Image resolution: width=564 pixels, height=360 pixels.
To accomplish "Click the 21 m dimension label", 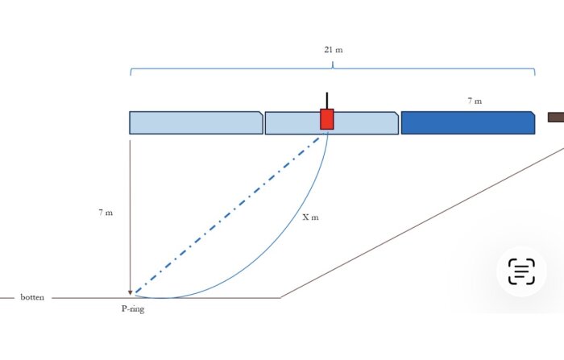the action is pos(333,50).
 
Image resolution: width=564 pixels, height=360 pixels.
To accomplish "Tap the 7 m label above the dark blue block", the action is pos(475,101).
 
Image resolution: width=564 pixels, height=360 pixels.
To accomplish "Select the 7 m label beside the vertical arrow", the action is pos(106,213).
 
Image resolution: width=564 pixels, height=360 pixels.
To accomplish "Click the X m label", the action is pos(310,217).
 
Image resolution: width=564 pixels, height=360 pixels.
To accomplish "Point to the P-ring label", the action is pos(133,309).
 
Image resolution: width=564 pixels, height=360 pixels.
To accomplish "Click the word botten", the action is pos(32,297).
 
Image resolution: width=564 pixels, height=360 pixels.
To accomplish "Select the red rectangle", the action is pos(327,119).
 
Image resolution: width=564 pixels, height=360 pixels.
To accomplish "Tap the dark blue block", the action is pos(468,122).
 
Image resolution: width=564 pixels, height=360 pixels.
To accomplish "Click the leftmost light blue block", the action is pos(196,122).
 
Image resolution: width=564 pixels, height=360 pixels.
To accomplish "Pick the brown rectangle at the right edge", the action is pos(556,118).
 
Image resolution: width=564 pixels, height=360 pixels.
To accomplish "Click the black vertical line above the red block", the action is pos(327,101).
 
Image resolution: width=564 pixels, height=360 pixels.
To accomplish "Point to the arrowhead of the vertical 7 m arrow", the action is pos(131,292).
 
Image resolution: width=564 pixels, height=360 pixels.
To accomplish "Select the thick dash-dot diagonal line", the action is pos(228,215).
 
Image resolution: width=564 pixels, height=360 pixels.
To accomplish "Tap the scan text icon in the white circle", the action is pos(521,271).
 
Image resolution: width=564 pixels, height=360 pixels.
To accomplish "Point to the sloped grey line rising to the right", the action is pos(422,222).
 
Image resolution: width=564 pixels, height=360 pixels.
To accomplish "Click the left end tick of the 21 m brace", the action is pos(131,72).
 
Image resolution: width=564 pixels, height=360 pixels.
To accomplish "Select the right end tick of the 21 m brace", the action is pos(534,72).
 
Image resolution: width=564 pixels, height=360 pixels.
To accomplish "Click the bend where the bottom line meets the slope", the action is pos(280,298).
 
